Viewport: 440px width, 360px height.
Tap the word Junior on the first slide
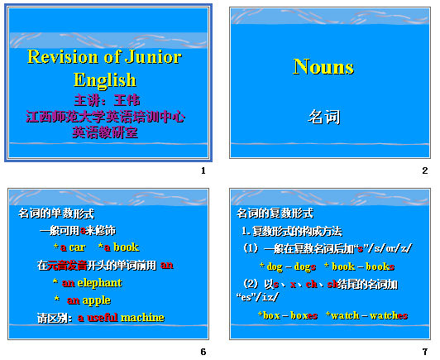(155, 58)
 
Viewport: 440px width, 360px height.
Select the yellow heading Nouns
(323, 68)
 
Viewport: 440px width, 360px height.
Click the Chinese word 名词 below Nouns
(323, 117)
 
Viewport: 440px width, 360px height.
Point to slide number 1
(203, 170)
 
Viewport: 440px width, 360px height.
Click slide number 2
(424, 170)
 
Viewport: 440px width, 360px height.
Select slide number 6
(203, 352)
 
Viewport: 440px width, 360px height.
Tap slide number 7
(424, 352)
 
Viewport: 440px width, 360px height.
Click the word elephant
(100, 283)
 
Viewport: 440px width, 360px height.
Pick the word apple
(97, 300)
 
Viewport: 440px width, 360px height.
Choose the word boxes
(303, 315)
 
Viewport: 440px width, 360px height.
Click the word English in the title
(104, 80)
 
